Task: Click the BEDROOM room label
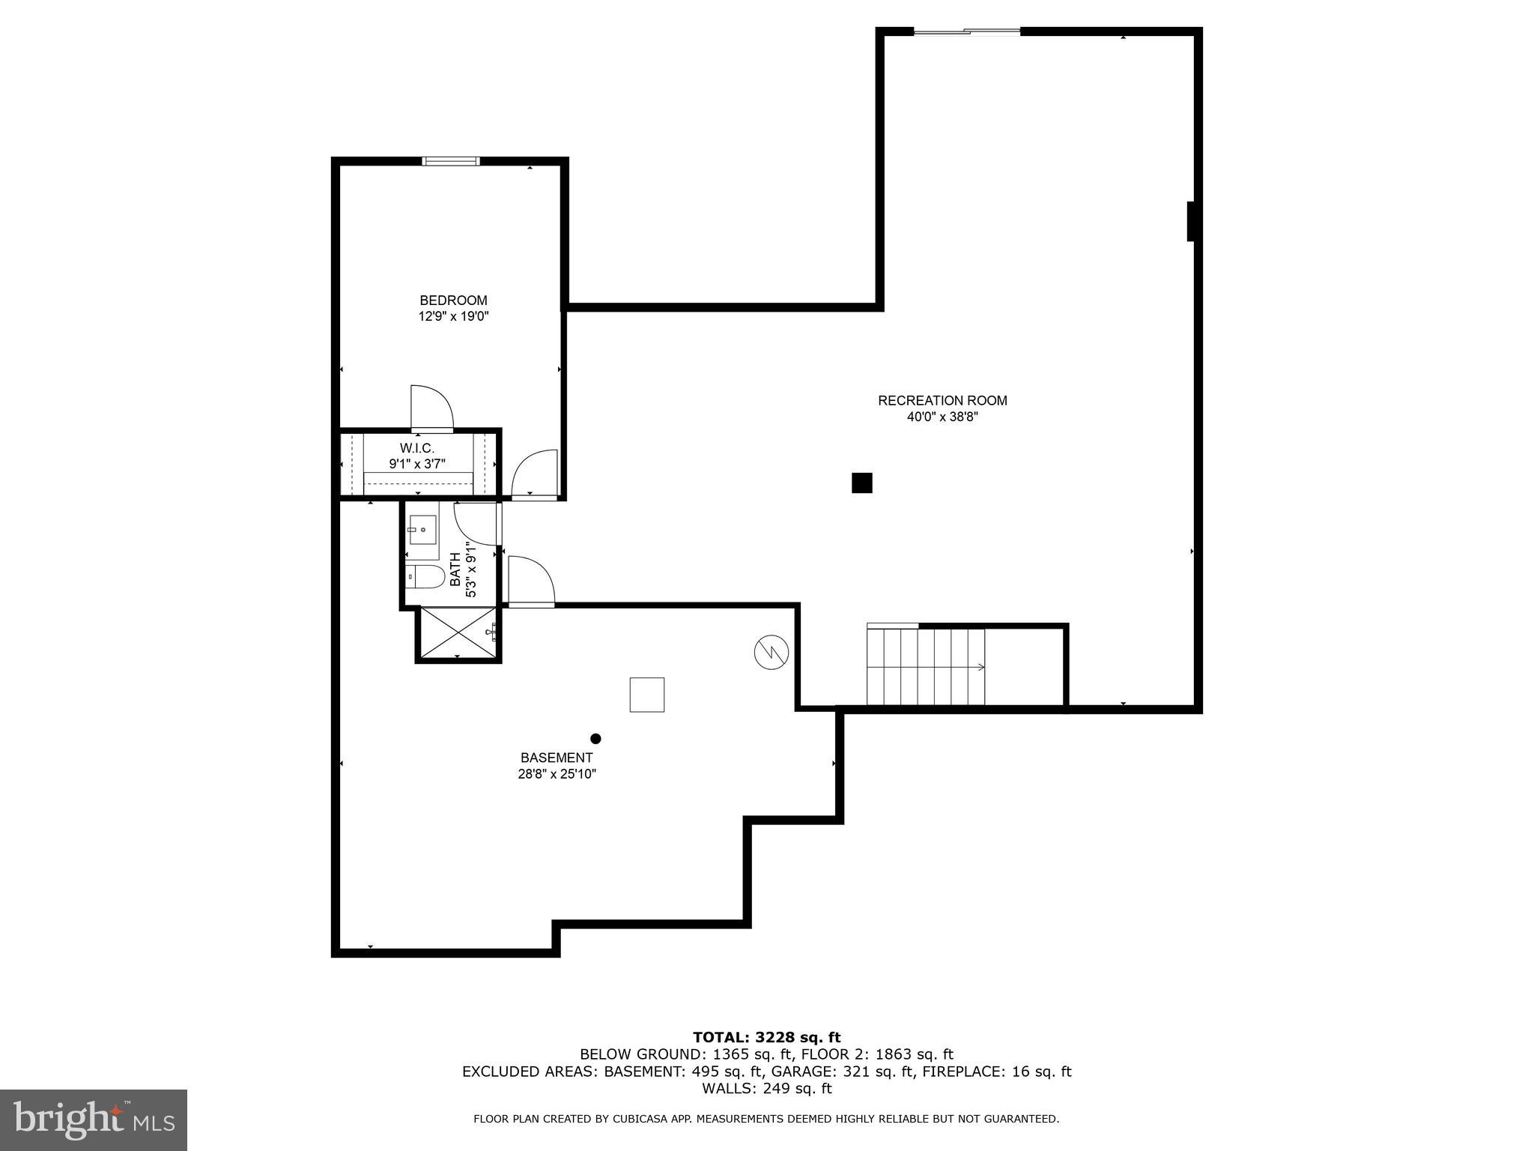453,300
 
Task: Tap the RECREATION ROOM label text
942,401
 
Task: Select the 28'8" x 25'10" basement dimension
557,774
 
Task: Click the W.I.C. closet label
416,448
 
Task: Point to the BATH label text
455,570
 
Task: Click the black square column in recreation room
862,483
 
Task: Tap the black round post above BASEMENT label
595,739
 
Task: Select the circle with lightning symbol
771,652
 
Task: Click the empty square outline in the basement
646,695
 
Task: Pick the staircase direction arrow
980,667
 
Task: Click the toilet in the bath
424,576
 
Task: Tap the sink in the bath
422,530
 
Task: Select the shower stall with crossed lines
458,634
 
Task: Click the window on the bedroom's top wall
451,160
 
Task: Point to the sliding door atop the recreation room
967,31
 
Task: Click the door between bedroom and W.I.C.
432,410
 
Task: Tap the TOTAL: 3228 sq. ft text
766,1038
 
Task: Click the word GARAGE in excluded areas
801,1072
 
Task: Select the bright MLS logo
94,1120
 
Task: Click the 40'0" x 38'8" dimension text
942,417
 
